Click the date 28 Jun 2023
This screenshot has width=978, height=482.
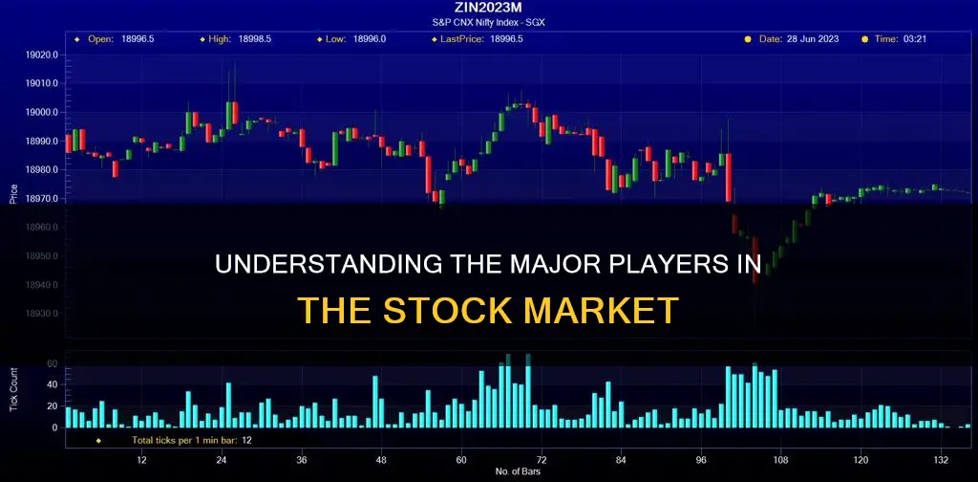[x=815, y=39]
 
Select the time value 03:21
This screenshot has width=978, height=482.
[x=916, y=39]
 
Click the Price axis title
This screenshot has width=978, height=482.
[x=13, y=192]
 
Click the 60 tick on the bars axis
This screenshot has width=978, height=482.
[x=461, y=458]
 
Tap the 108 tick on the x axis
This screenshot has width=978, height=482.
[x=781, y=458]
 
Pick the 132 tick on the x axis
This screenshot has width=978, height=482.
[x=942, y=458]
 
